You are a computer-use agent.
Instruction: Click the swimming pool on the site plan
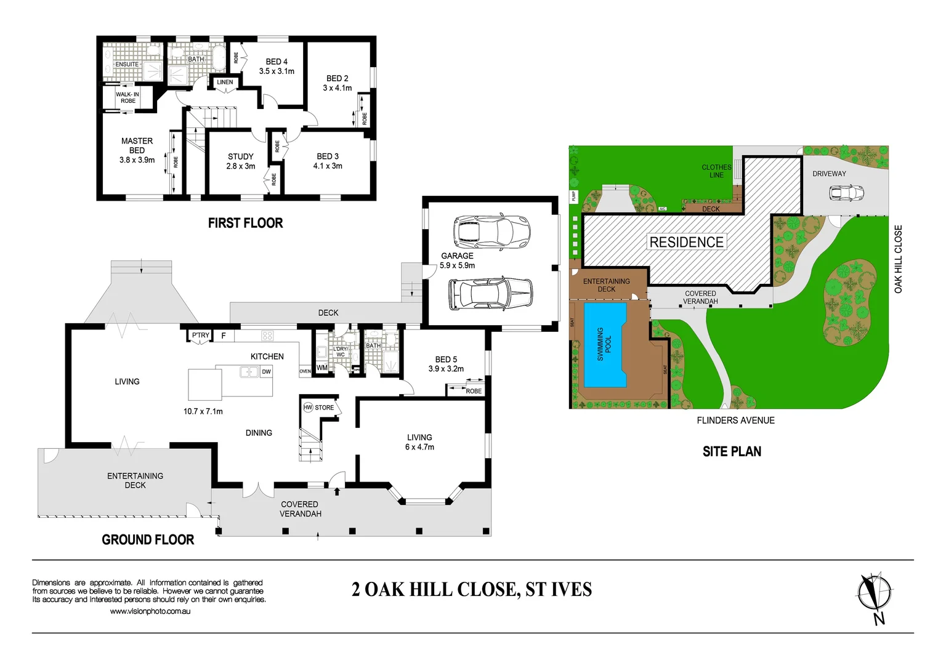(x=604, y=345)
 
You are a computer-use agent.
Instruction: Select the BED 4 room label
(x=277, y=62)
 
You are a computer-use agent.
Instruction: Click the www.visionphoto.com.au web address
(x=150, y=611)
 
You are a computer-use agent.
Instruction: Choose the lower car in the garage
(x=490, y=293)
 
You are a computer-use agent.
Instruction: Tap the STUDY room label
(x=240, y=156)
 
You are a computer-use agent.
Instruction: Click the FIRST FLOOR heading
(x=245, y=223)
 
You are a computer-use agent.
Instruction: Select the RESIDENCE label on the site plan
(x=687, y=242)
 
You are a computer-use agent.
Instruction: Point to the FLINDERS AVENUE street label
(x=735, y=421)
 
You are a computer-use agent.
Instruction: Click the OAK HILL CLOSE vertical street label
(x=898, y=259)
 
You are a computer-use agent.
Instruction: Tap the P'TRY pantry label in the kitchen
(x=200, y=336)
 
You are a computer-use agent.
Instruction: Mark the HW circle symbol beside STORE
(x=308, y=408)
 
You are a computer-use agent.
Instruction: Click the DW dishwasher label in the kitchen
(x=266, y=372)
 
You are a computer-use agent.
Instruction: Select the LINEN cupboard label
(x=225, y=82)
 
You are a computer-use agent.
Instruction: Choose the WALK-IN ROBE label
(x=127, y=97)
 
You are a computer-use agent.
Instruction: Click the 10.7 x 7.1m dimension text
(x=203, y=411)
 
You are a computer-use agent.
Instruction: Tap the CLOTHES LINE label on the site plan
(x=716, y=171)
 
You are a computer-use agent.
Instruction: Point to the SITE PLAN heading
(x=732, y=451)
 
